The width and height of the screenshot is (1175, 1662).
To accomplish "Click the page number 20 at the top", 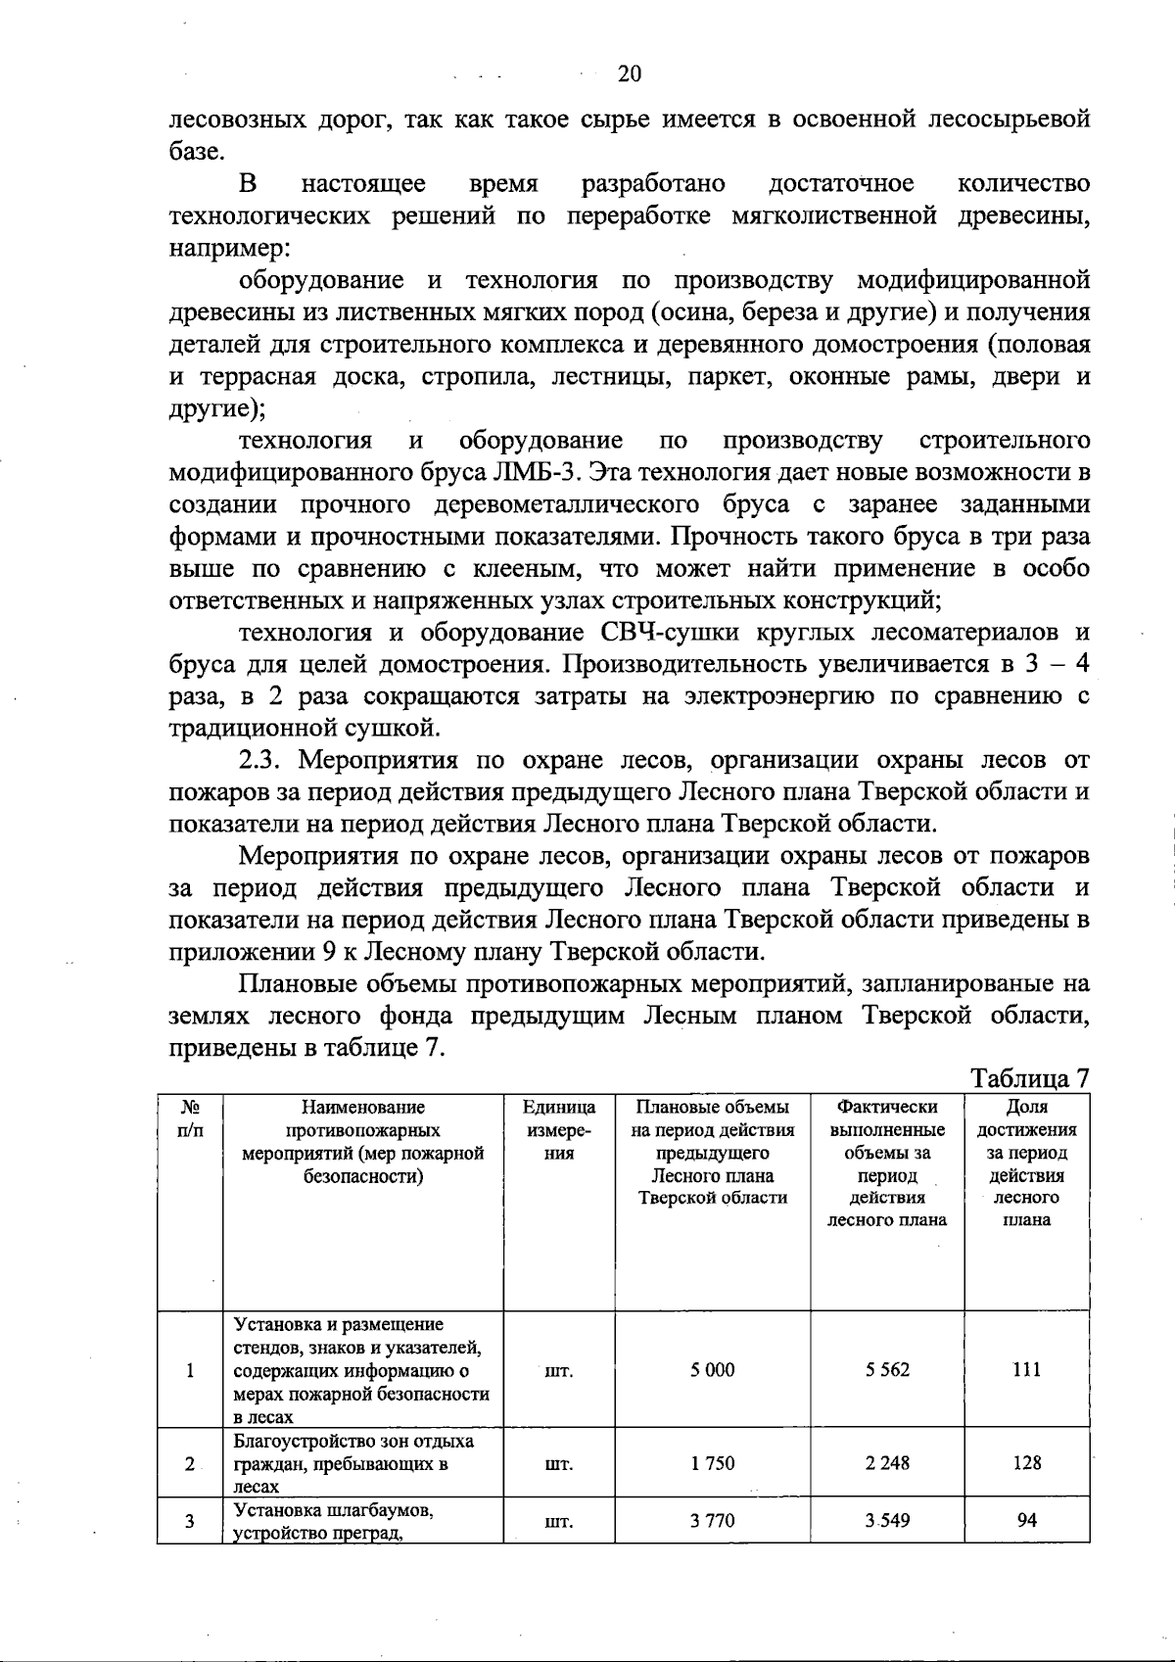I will tap(629, 74).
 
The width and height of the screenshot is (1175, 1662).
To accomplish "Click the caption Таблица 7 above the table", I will tap(1029, 1078).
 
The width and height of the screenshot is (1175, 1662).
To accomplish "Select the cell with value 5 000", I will tap(712, 1370).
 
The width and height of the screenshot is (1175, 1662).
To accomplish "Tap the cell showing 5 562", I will tap(887, 1370).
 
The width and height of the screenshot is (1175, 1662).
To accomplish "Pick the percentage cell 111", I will tap(1026, 1370).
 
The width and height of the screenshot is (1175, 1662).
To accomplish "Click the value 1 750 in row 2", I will tap(712, 1463).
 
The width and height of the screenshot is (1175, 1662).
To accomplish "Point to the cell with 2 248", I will tap(887, 1463).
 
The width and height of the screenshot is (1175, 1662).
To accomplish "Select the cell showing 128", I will tap(1026, 1463).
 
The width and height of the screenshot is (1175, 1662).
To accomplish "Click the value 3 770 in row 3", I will tap(712, 1520).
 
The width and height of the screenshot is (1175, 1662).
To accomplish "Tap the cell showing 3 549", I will tap(887, 1520).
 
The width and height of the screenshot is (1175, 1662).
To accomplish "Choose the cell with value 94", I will tap(1026, 1520).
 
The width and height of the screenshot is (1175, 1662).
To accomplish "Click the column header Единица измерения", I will tap(558, 1130).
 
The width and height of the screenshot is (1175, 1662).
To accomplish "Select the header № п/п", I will tap(190, 1118).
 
